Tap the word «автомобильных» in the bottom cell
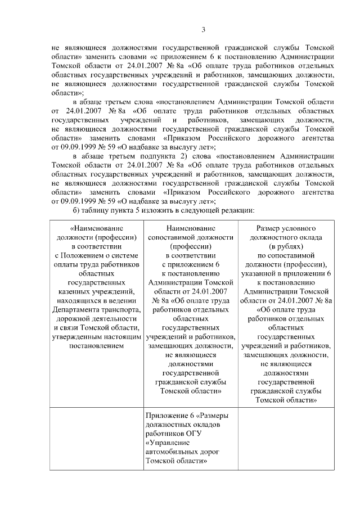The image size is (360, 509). pos(169,452)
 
